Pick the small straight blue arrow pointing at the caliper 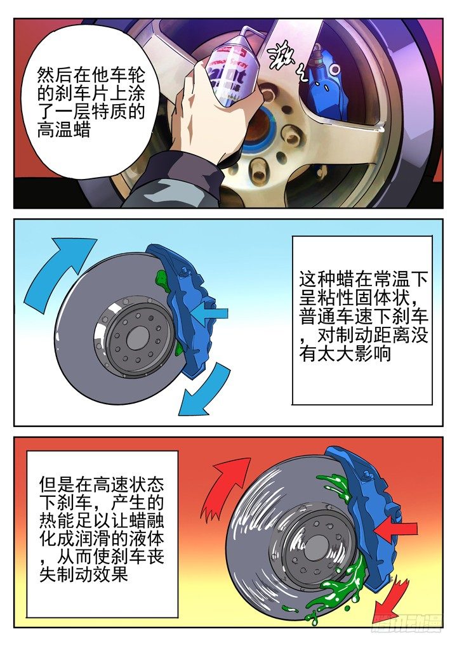[209, 313]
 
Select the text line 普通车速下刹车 [364, 317]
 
